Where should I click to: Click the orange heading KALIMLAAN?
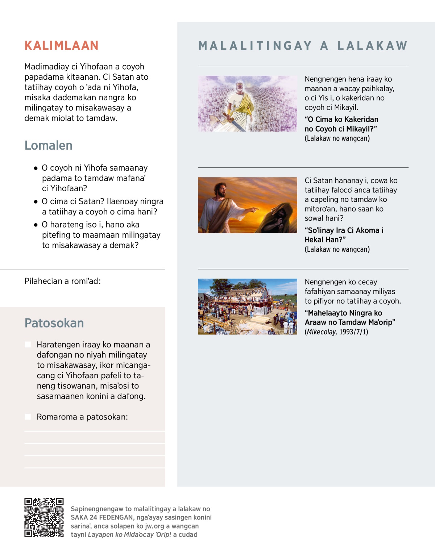[x=61, y=46]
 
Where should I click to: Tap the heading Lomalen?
[x=48, y=145]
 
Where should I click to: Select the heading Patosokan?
[x=54, y=323]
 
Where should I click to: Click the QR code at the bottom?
[x=44, y=517]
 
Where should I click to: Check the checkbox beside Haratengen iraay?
[x=28, y=344]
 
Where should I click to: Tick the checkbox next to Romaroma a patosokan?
[x=28, y=417]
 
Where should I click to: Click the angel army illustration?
[x=247, y=104]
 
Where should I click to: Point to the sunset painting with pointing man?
[x=247, y=205]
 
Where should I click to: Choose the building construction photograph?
[x=247, y=306]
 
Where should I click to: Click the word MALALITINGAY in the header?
[x=255, y=46]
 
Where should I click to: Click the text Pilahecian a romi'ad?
[x=62, y=281]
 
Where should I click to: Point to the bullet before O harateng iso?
[x=36, y=225]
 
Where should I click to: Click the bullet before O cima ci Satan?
[x=36, y=202]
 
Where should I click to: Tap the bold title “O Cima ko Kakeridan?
[x=341, y=120]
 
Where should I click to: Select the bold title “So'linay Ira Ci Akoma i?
[x=344, y=230]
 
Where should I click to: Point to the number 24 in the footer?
[x=94, y=517]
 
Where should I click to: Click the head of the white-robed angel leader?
[x=239, y=87]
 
